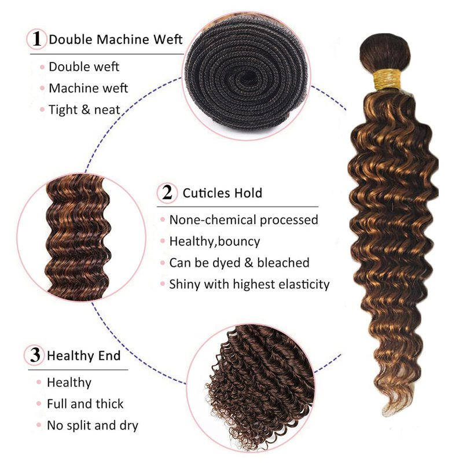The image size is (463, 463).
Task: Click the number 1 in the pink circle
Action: pyautogui.click(x=36, y=39)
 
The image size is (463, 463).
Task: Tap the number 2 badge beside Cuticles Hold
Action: pyautogui.click(x=167, y=193)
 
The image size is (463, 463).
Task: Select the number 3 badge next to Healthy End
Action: pyautogui.click(x=35, y=355)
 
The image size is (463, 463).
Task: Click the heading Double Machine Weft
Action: pyautogui.click(x=116, y=39)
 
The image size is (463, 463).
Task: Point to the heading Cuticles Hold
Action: pyautogui.click(x=222, y=193)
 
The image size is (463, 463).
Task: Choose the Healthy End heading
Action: pyautogui.click(x=84, y=355)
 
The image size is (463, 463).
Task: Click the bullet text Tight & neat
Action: pyautogui.click(x=84, y=110)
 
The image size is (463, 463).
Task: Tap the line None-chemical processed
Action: pyautogui.click(x=244, y=220)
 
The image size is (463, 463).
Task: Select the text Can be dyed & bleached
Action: pyautogui.click(x=239, y=263)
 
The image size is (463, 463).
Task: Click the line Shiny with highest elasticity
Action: pyautogui.click(x=249, y=284)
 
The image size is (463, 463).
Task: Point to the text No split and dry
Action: pyautogui.click(x=93, y=425)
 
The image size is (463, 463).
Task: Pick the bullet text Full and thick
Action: pyautogui.click(x=85, y=404)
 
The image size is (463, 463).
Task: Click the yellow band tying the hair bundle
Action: pyautogui.click(x=387, y=79)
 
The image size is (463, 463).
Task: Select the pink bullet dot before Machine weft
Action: pyautogui.click(x=42, y=89)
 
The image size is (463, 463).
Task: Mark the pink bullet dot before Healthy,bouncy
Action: pyautogui.click(x=163, y=241)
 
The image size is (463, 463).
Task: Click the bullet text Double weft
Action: pyautogui.click(x=84, y=67)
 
